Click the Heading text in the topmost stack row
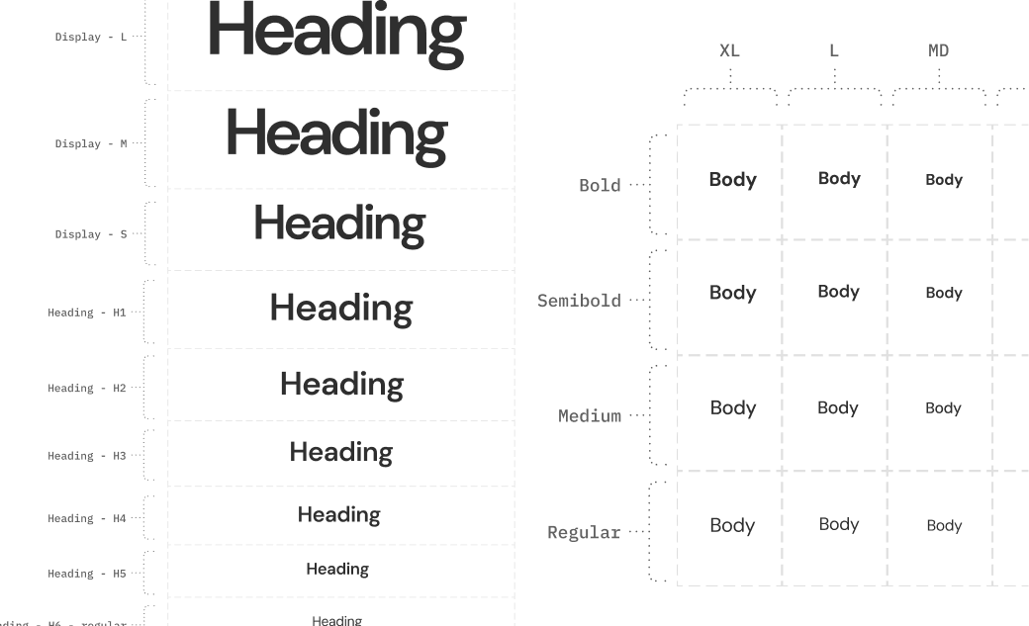[334, 32]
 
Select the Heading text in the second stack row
[334, 134]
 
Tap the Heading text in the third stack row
[339, 225]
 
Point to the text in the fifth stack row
[341, 383]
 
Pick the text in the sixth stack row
[339, 454]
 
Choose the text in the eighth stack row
[336, 570]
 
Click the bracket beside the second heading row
[150, 140]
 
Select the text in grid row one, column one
[731, 181]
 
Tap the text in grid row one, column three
[945, 182]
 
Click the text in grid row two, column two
[838, 293]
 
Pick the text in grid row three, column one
[731, 407]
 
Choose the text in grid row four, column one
[731, 526]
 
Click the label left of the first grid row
[602, 186]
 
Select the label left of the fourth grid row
[586, 534]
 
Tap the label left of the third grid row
[588, 416]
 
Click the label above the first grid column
[728, 51]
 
